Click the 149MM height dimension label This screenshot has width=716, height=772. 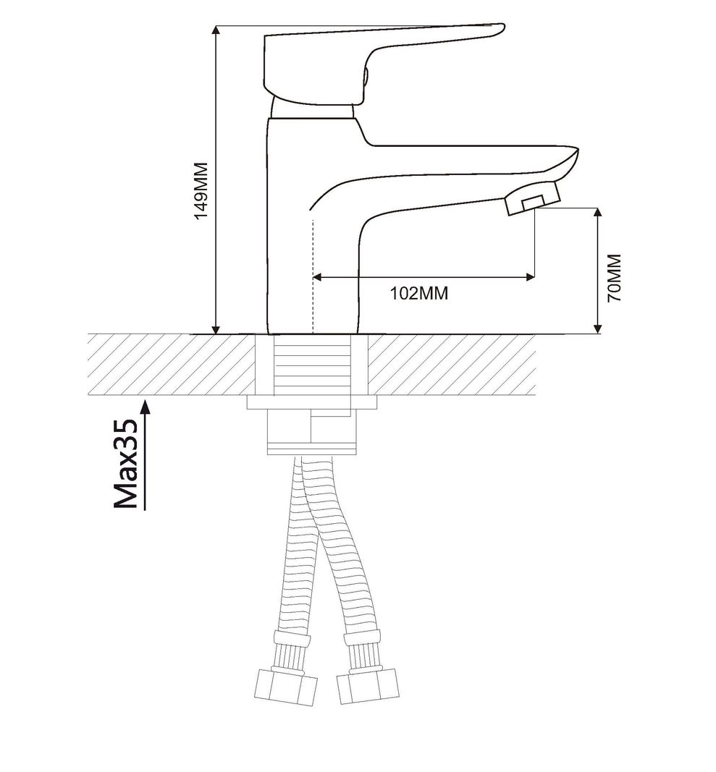(201, 190)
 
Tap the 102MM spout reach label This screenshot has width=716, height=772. (419, 293)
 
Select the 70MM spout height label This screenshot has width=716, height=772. (614, 278)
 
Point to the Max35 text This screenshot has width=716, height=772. (126, 465)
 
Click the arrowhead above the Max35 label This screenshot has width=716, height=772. (146, 407)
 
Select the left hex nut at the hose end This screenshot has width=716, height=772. (287, 687)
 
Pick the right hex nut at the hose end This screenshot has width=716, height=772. (368, 685)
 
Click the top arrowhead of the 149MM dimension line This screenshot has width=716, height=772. (215, 30)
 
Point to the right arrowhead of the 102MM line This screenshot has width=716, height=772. (530, 277)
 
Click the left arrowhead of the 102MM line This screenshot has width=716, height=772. (319, 277)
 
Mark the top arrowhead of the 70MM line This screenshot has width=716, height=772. (598, 213)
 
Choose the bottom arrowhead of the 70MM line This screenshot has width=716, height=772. (598, 328)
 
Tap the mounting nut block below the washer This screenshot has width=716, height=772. (311, 430)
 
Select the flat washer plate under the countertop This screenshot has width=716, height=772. (312, 402)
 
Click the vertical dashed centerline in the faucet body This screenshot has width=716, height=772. (313, 276)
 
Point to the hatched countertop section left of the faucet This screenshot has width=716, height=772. (172, 365)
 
